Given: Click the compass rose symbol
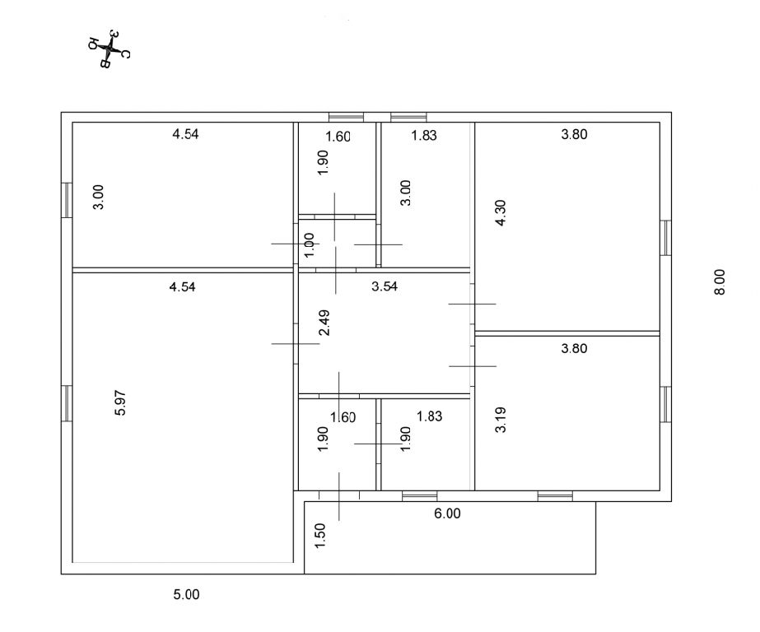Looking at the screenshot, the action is pos(110,49).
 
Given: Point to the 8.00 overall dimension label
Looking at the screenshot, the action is pos(720,282).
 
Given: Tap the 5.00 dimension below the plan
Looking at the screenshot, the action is pos(187,594).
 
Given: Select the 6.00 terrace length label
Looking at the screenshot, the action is pos(447,513).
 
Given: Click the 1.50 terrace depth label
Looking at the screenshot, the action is pos(320,536).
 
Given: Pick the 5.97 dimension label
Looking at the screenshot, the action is pos(120,402).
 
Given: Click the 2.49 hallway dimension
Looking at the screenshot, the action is pos(324,323).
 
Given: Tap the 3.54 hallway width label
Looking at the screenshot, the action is pos(385,286).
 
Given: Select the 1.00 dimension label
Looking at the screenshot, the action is pos(309,245).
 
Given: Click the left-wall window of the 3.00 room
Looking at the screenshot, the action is pos(67,200).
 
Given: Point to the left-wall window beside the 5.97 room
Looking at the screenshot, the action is pos(67,403).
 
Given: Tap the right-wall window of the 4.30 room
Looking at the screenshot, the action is pos(666,238).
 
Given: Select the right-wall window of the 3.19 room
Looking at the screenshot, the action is pos(666,404).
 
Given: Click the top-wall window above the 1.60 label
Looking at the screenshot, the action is pos(346,117).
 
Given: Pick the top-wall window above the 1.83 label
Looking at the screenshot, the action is pos(408,117).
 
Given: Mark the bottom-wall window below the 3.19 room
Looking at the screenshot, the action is pos(555,496).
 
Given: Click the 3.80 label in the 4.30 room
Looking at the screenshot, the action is pos(575,134).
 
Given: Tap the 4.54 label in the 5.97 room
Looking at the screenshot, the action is pos(182,286).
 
